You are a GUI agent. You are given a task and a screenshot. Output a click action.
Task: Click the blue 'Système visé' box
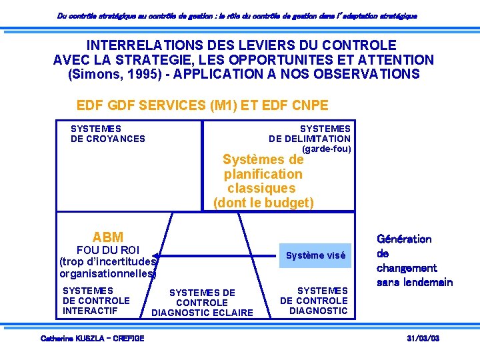(315, 255)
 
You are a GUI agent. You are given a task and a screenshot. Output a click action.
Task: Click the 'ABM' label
(108, 237)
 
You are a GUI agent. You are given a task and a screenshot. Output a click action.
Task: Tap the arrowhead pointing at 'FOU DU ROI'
(155, 255)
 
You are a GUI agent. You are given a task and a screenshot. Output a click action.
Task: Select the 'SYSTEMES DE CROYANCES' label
(107, 133)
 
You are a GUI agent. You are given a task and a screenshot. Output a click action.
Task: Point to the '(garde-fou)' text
(326, 149)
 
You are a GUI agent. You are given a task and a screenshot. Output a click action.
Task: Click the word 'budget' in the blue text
(289, 203)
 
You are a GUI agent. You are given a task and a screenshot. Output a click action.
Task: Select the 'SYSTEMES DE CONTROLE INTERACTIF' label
(95, 301)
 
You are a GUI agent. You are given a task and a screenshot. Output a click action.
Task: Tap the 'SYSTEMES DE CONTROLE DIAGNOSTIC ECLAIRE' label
(202, 303)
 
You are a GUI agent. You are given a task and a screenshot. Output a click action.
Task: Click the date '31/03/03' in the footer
(423, 339)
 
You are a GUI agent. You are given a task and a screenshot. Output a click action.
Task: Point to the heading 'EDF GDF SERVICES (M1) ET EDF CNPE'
(203, 105)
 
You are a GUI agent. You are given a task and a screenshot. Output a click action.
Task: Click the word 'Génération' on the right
(404, 239)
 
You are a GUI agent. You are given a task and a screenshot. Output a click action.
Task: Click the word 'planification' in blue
(263, 174)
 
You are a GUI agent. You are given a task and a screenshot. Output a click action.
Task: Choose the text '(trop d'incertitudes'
(107, 261)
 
